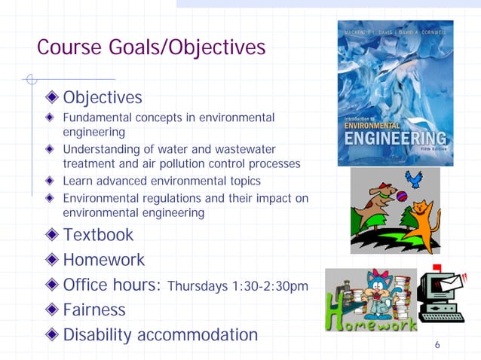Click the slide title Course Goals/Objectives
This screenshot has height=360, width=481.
[151, 48]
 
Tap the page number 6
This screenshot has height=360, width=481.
[437, 345]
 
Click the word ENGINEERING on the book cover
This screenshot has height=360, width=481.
[394, 139]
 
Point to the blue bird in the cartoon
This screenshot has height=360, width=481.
[412, 178]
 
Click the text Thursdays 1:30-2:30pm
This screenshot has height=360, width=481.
[237, 286]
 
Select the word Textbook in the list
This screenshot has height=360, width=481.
[98, 234]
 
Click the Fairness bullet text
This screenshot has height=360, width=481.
[94, 310]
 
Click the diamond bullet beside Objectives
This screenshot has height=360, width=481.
[51, 98]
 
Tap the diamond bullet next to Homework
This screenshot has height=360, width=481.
[51, 260]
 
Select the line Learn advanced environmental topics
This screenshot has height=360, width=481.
[161, 181]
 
